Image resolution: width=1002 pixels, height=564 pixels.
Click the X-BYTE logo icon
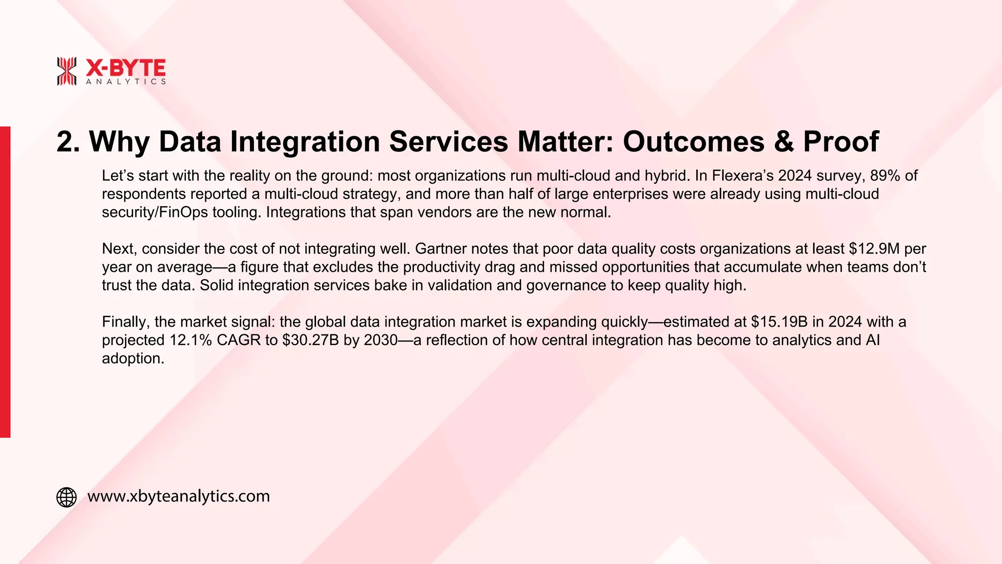[67, 71]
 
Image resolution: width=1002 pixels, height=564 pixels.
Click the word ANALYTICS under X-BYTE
[126, 82]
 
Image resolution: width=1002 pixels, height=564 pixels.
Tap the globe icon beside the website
[67, 497]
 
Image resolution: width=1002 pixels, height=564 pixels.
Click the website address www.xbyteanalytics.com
[179, 496]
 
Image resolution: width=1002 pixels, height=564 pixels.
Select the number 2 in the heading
[66, 142]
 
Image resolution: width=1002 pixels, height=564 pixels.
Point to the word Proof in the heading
[841, 142]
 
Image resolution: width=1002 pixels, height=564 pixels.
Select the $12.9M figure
[874, 249]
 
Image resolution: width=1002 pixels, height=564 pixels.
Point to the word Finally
[126, 322]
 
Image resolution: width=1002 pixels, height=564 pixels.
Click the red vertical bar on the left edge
[5, 282]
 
